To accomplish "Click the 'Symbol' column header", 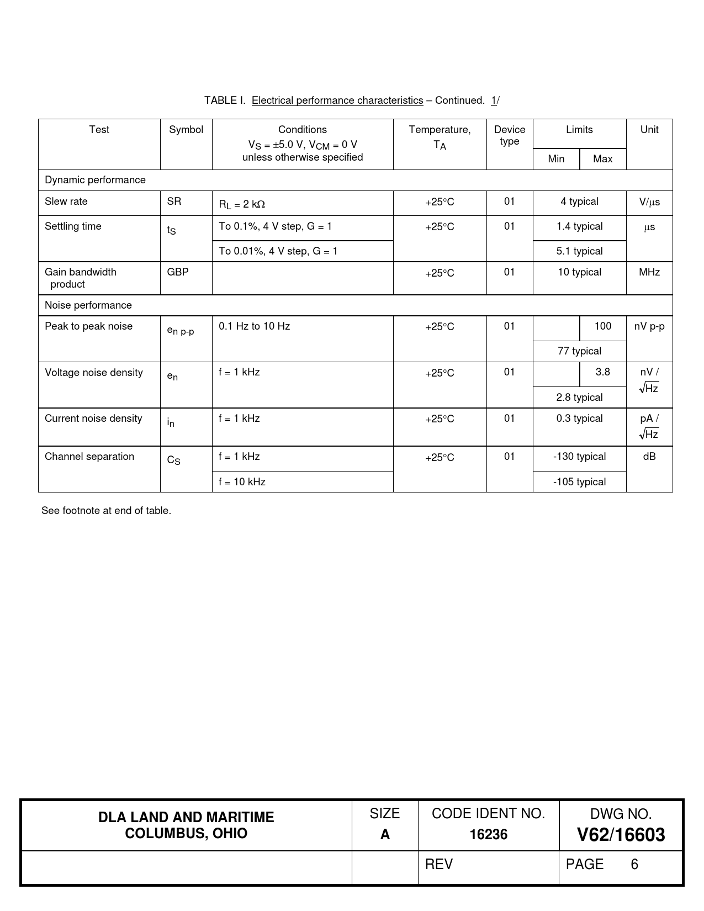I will pos(186,130).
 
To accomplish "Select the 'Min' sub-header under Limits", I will pos(556,159).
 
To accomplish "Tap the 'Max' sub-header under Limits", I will pos(602,159).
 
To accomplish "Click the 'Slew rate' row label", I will pos(66,202).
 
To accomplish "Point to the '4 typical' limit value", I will pos(579,202).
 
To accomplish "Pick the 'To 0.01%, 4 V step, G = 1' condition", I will pos(278,251).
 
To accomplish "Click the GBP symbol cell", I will pos(178,272).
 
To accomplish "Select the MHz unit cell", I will pos(649,272).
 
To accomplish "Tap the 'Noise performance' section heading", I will pos(88,305).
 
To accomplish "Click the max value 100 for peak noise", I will pos(602,326).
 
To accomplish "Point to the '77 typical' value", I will pos(579,351).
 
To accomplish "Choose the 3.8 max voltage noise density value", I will pos(602,372).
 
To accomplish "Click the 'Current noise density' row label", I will pos(93,419).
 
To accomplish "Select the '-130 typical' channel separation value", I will pos(579,457).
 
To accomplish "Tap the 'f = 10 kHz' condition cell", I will pos(242,482).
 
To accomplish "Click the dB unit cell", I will pos(649,457).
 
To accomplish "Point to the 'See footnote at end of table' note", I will pos(106,511).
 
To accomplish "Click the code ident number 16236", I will pos(488,834).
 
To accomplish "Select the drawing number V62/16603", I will pos(621,835).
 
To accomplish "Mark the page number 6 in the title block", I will pos(634,864).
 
